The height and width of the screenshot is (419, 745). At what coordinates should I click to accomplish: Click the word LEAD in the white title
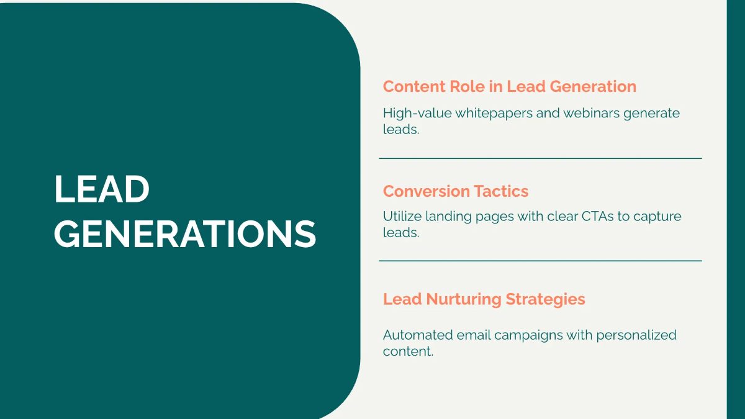click(x=102, y=189)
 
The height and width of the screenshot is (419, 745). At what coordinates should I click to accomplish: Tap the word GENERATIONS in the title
click(x=185, y=234)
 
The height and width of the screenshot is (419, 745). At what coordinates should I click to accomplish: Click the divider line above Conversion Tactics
click(x=540, y=158)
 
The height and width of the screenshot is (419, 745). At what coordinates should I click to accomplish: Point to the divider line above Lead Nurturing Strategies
click(x=540, y=261)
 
